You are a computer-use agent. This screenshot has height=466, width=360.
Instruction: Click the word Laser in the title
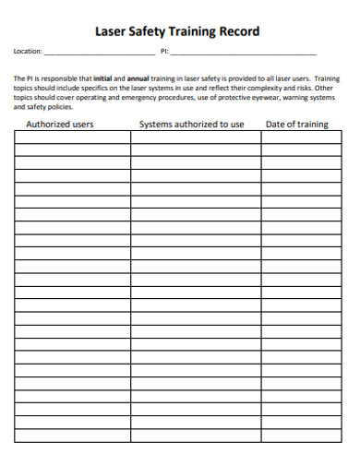pyautogui.click(x=114, y=31)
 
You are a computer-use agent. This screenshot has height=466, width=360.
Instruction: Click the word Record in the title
pyautogui.click(x=239, y=31)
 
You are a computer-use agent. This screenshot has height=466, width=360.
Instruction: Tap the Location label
pyautogui.click(x=28, y=53)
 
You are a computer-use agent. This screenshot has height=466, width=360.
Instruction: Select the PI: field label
pyautogui.click(x=164, y=53)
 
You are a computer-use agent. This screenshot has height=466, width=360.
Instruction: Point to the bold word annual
pyautogui.click(x=138, y=79)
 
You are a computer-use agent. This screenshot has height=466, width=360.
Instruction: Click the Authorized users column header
pyautogui.click(x=59, y=124)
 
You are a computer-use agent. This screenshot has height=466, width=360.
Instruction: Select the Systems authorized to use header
pyautogui.click(x=191, y=124)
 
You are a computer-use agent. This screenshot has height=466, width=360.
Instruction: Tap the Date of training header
pyautogui.click(x=296, y=124)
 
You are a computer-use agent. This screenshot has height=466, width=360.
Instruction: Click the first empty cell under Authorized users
pyautogui.click(x=72, y=137)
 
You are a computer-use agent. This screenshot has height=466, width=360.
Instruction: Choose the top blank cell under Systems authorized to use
pyautogui.click(x=195, y=137)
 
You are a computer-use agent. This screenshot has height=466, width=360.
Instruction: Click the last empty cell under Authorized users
pyautogui.click(x=72, y=435)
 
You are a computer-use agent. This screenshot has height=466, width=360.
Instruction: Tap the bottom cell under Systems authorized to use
pyautogui.click(x=195, y=435)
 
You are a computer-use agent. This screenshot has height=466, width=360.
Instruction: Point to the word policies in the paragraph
pyautogui.click(x=59, y=105)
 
